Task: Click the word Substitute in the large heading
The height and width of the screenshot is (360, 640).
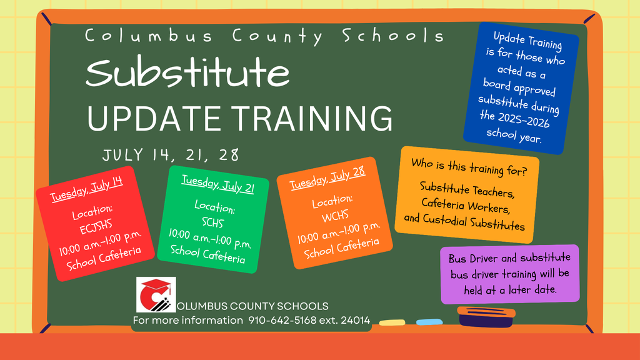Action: [187, 72]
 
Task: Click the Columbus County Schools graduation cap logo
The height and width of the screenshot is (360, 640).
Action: [156, 294]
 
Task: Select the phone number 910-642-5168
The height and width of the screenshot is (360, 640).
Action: [282, 320]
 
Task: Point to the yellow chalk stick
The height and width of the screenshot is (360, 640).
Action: [392, 322]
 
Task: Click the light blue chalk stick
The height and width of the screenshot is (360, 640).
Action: [429, 322]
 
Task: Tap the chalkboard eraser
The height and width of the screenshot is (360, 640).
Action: [486, 317]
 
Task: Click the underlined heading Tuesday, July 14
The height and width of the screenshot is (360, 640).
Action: [86, 189]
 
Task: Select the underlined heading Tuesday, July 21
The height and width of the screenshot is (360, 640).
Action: [218, 184]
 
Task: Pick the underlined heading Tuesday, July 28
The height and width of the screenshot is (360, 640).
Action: [327, 178]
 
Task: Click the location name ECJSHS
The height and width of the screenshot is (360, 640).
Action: [96, 226]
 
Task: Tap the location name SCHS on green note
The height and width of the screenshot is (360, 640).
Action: [212, 222]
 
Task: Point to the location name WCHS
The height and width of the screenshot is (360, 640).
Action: [335, 216]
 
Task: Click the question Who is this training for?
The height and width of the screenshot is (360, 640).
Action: [469, 167]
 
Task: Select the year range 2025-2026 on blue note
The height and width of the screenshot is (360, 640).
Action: [515, 119]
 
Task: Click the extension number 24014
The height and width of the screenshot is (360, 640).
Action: [355, 320]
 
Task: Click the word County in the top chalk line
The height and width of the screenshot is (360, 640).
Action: [277, 36]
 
